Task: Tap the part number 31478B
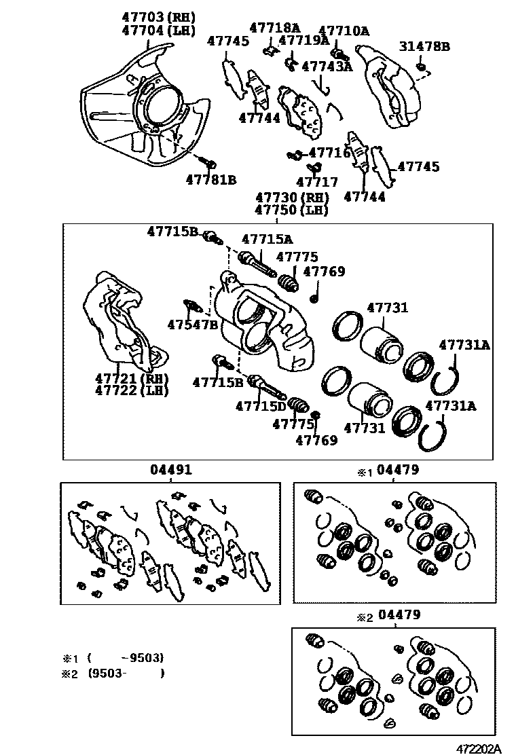424,47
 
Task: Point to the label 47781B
211,180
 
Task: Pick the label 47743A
327,66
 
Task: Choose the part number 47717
316,182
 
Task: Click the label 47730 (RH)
292,198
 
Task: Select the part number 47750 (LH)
292,210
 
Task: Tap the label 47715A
268,238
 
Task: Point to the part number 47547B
193,324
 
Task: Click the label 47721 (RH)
132,378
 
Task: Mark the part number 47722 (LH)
132,390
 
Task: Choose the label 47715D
261,407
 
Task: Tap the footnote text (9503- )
126,674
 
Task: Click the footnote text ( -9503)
126,658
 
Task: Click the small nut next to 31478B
422,66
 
